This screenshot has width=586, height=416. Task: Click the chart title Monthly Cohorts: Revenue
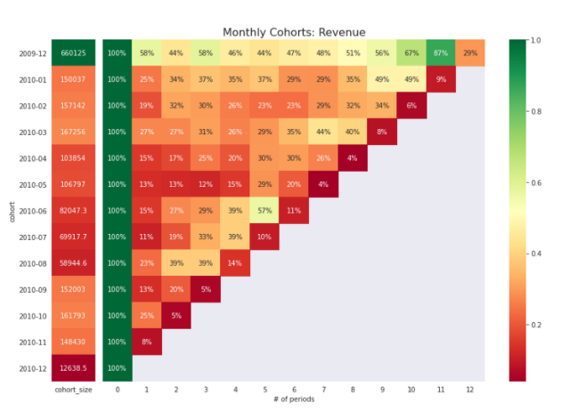(x=294, y=32)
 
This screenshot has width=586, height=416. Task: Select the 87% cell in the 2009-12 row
(x=441, y=53)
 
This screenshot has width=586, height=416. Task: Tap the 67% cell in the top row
(x=411, y=53)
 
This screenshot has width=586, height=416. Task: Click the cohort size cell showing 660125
(x=74, y=53)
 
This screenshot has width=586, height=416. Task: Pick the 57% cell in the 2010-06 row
(x=264, y=211)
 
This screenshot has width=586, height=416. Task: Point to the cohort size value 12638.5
(x=74, y=368)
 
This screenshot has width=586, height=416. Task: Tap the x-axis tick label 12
(x=470, y=389)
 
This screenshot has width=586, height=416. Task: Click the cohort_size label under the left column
(x=74, y=389)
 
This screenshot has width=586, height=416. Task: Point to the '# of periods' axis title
(x=294, y=398)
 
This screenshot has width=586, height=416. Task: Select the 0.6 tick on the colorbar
(x=536, y=182)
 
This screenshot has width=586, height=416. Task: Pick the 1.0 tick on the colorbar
(x=536, y=39)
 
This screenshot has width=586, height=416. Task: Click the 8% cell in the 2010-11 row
(x=147, y=342)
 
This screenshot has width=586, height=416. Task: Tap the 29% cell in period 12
(x=470, y=53)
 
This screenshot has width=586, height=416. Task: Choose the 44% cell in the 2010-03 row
(x=323, y=132)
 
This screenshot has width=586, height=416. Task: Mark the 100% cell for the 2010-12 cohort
(x=118, y=368)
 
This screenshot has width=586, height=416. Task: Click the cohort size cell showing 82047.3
(x=74, y=211)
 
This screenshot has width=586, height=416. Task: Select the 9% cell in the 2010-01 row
(x=441, y=80)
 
